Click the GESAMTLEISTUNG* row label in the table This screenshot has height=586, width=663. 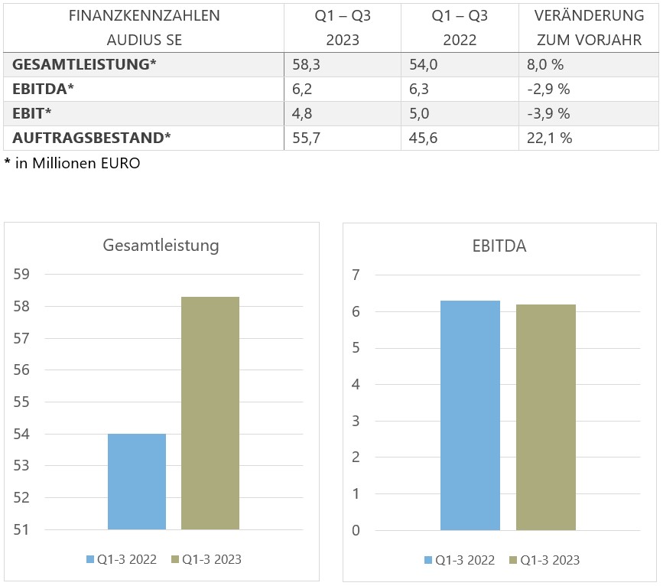[x=84, y=65]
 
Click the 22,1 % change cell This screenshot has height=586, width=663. [x=550, y=138]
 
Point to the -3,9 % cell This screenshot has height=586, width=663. [x=549, y=113]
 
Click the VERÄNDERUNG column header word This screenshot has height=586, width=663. [x=589, y=15]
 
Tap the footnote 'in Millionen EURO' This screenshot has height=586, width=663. [x=77, y=163]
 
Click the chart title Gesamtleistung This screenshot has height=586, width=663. [x=161, y=246]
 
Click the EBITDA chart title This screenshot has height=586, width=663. [x=499, y=246]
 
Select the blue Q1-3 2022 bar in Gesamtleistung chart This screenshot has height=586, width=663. [x=137, y=481]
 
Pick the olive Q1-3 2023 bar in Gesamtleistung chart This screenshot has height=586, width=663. [x=210, y=413]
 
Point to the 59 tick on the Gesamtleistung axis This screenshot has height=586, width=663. [x=21, y=275]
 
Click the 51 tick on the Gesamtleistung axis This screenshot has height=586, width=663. [x=21, y=529]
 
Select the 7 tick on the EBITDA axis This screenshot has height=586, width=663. [x=356, y=275]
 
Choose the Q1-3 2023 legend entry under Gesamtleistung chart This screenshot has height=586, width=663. [x=206, y=559]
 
